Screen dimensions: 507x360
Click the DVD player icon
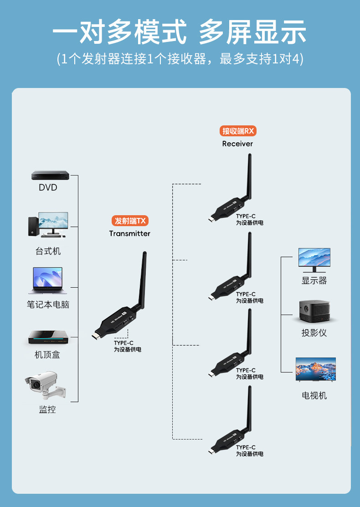(50, 175)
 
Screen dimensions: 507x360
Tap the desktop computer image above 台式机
(47, 225)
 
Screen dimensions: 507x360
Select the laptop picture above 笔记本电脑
(47, 280)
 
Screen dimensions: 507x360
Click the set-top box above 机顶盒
(48, 337)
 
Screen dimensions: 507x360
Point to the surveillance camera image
(45, 386)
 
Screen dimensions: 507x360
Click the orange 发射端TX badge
(130, 221)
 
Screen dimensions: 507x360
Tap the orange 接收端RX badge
(237, 131)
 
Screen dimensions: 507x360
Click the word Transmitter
(129, 233)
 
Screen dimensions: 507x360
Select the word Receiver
(237, 144)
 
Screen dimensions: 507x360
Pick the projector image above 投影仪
(314, 311)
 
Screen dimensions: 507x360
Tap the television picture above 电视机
(315, 369)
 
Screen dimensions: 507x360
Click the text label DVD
(48, 187)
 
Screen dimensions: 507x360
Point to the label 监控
(47, 409)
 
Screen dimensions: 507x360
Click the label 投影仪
(314, 333)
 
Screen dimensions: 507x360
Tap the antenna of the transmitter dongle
(141, 278)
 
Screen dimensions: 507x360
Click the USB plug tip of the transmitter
(94, 338)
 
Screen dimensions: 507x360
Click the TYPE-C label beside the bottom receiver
(246, 447)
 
